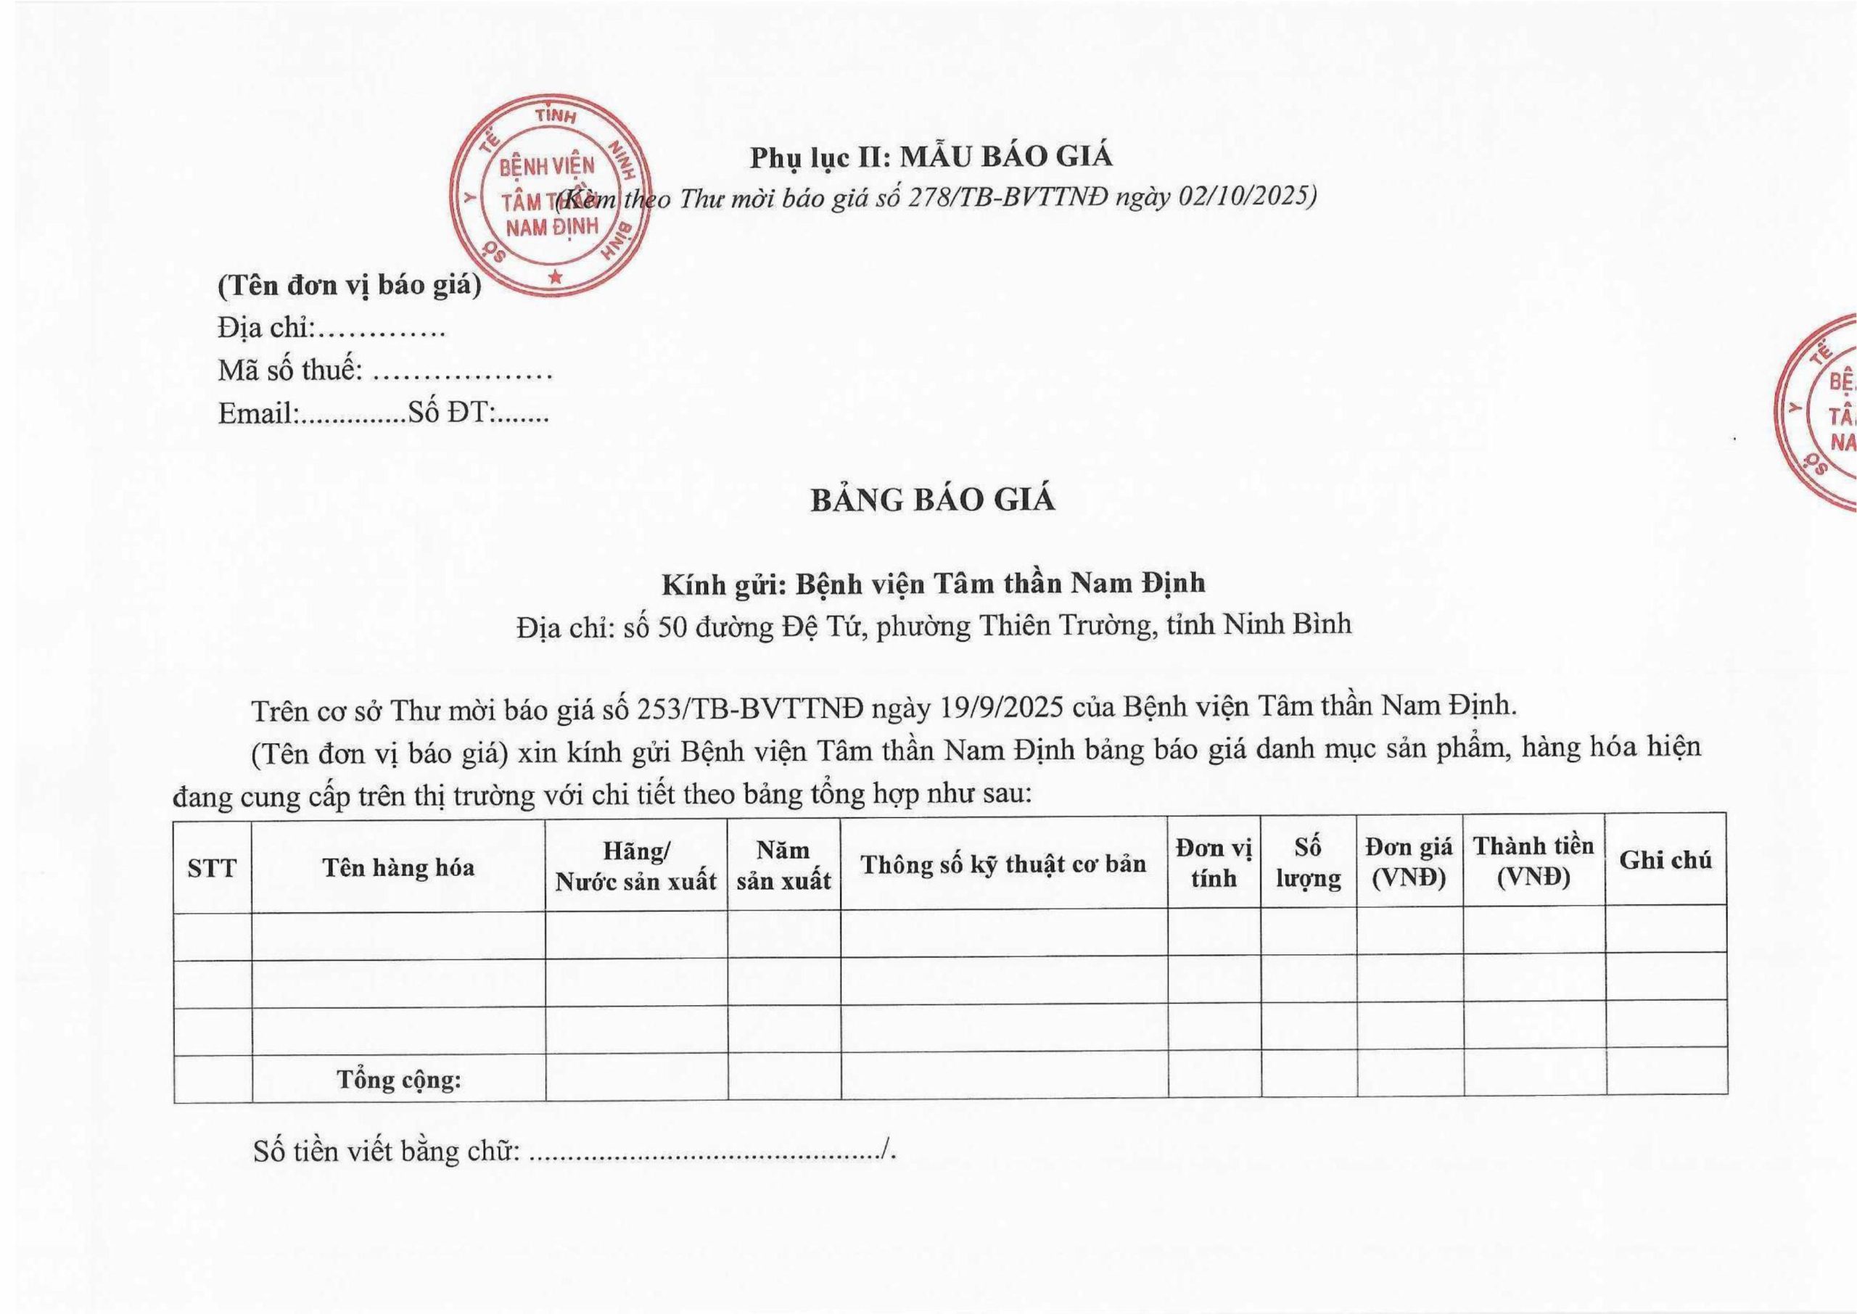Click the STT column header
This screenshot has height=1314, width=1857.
pyautogui.click(x=212, y=868)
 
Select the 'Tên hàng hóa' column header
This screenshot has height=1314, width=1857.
pyautogui.click(x=398, y=868)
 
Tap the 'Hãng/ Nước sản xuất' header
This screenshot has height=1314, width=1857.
pyautogui.click(x=636, y=866)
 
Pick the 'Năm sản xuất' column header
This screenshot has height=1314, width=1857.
pyautogui.click(x=783, y=865)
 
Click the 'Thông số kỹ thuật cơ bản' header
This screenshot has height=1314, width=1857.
pyautogui.click(x=1003, y=864)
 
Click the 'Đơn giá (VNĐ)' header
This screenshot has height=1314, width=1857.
pyautogui.click(x=1409, y=861)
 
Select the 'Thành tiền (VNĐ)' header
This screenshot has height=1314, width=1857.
pyautogui.click(x=1533, y=861)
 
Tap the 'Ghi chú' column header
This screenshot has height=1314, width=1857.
pyautogui.click(x=1665, y=860)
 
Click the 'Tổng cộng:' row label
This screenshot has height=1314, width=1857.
pyautogui.click(x=399, y=1078)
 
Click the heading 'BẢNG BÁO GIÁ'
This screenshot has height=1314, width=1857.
pyautogui.click(x=933, y=500)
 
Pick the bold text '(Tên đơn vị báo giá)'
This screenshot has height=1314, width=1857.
pyautogui.click(x=349, y=286)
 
